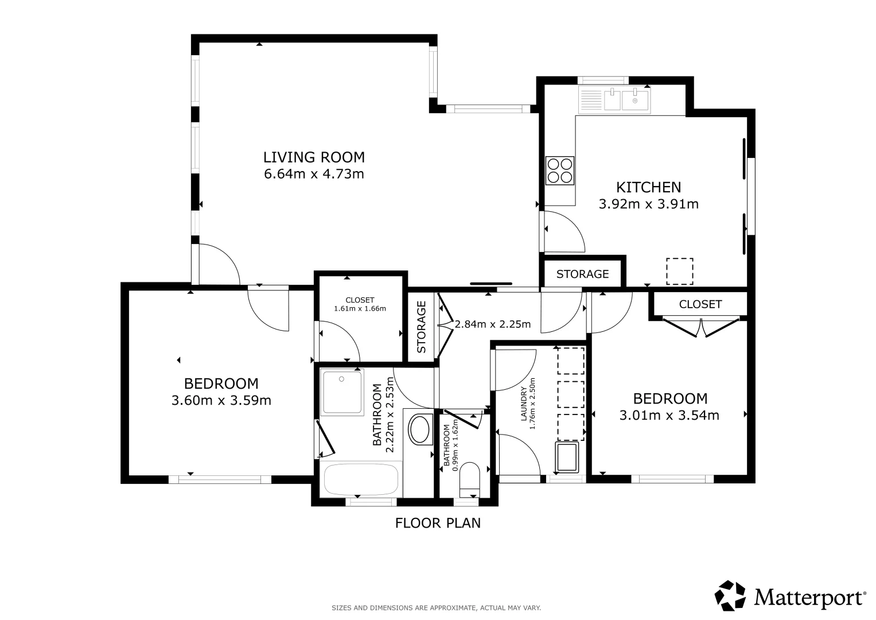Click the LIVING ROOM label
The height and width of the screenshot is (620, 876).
click(314, 157)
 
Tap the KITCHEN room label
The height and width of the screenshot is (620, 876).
click(648, 188)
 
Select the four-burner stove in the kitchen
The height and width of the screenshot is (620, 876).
click(560, 170)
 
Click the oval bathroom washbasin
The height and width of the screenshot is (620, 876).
click(420, 429)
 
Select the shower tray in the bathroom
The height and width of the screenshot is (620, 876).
click(342, 392)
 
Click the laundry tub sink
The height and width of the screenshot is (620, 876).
click(567, 458)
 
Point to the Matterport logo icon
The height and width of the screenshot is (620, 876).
click(730, 596)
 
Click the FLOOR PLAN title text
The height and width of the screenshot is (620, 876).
click(438, 523)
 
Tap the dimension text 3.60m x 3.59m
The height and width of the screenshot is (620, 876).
click(221, 401)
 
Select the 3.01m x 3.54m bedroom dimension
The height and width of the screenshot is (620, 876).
click(669, 415)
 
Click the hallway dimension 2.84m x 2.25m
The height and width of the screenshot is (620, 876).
click(492, 324)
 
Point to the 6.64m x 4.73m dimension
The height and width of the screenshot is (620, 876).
click(314, 174)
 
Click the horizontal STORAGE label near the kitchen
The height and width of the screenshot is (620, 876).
click(583, 274)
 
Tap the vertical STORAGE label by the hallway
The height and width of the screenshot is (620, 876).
click(421, 327)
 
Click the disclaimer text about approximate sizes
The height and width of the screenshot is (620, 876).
click(436, 608)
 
